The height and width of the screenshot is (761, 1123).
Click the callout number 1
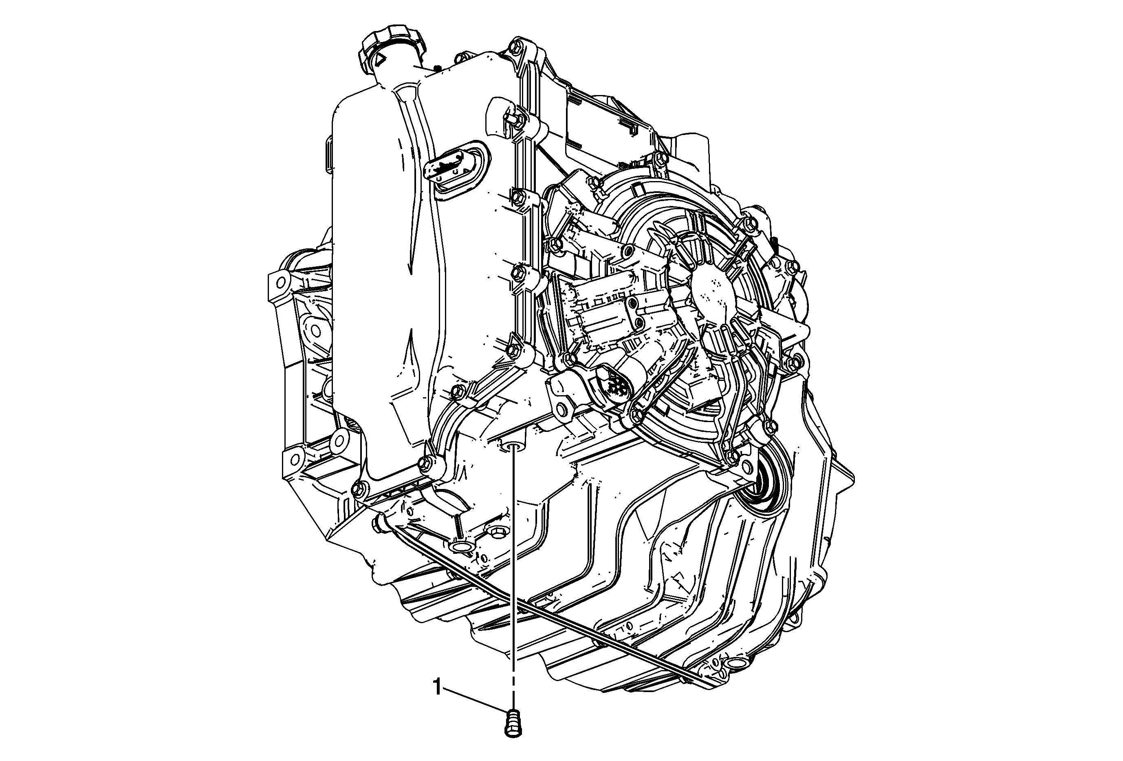[x=438, y=688]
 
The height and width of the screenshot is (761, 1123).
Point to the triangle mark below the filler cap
[x=379, y=60]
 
